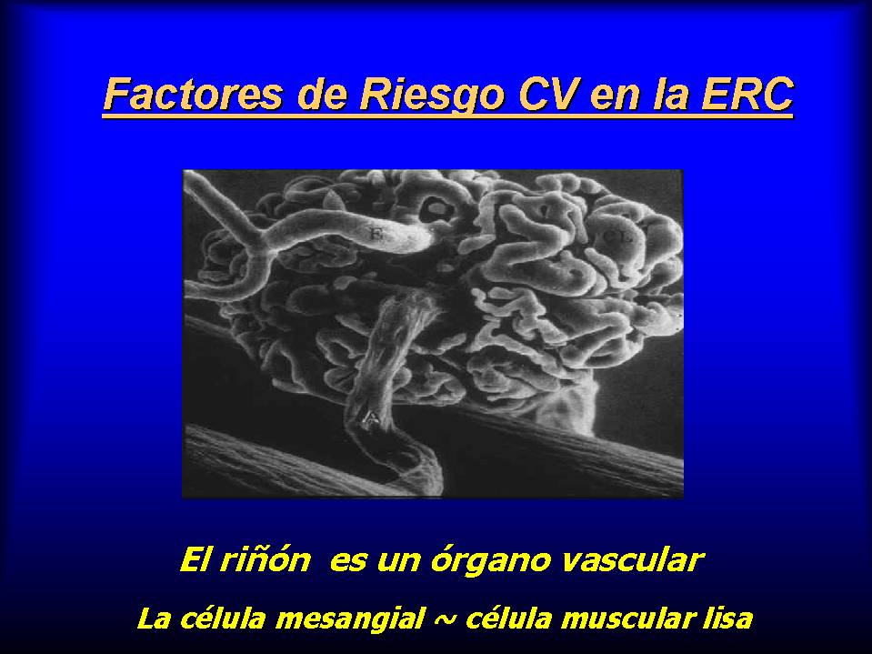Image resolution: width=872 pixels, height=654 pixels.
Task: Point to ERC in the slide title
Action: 747,94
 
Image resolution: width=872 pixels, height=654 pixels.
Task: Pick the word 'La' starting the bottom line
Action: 154,619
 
